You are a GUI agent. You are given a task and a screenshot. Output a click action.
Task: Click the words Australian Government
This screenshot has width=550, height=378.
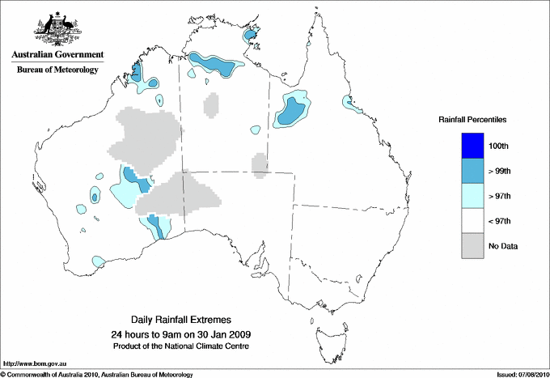point(57,55)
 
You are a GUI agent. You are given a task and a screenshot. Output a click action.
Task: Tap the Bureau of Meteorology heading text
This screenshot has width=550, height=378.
point(57,70)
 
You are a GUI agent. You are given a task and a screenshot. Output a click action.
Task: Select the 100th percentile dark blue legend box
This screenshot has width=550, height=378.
point(472,146)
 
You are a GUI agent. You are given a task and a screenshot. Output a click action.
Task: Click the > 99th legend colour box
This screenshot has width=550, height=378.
point(472,171)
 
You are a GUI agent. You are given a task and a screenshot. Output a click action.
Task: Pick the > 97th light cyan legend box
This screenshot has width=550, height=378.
point(472,196)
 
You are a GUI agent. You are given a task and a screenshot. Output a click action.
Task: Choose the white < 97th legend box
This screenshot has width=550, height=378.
point(472,221)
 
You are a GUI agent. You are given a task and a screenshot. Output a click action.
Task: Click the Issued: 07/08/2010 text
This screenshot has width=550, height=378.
point(522,374)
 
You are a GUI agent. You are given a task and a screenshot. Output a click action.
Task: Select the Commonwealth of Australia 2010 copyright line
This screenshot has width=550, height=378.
point(97,374)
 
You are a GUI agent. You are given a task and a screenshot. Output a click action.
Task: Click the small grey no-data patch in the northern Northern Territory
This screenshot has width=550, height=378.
point(210,104)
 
